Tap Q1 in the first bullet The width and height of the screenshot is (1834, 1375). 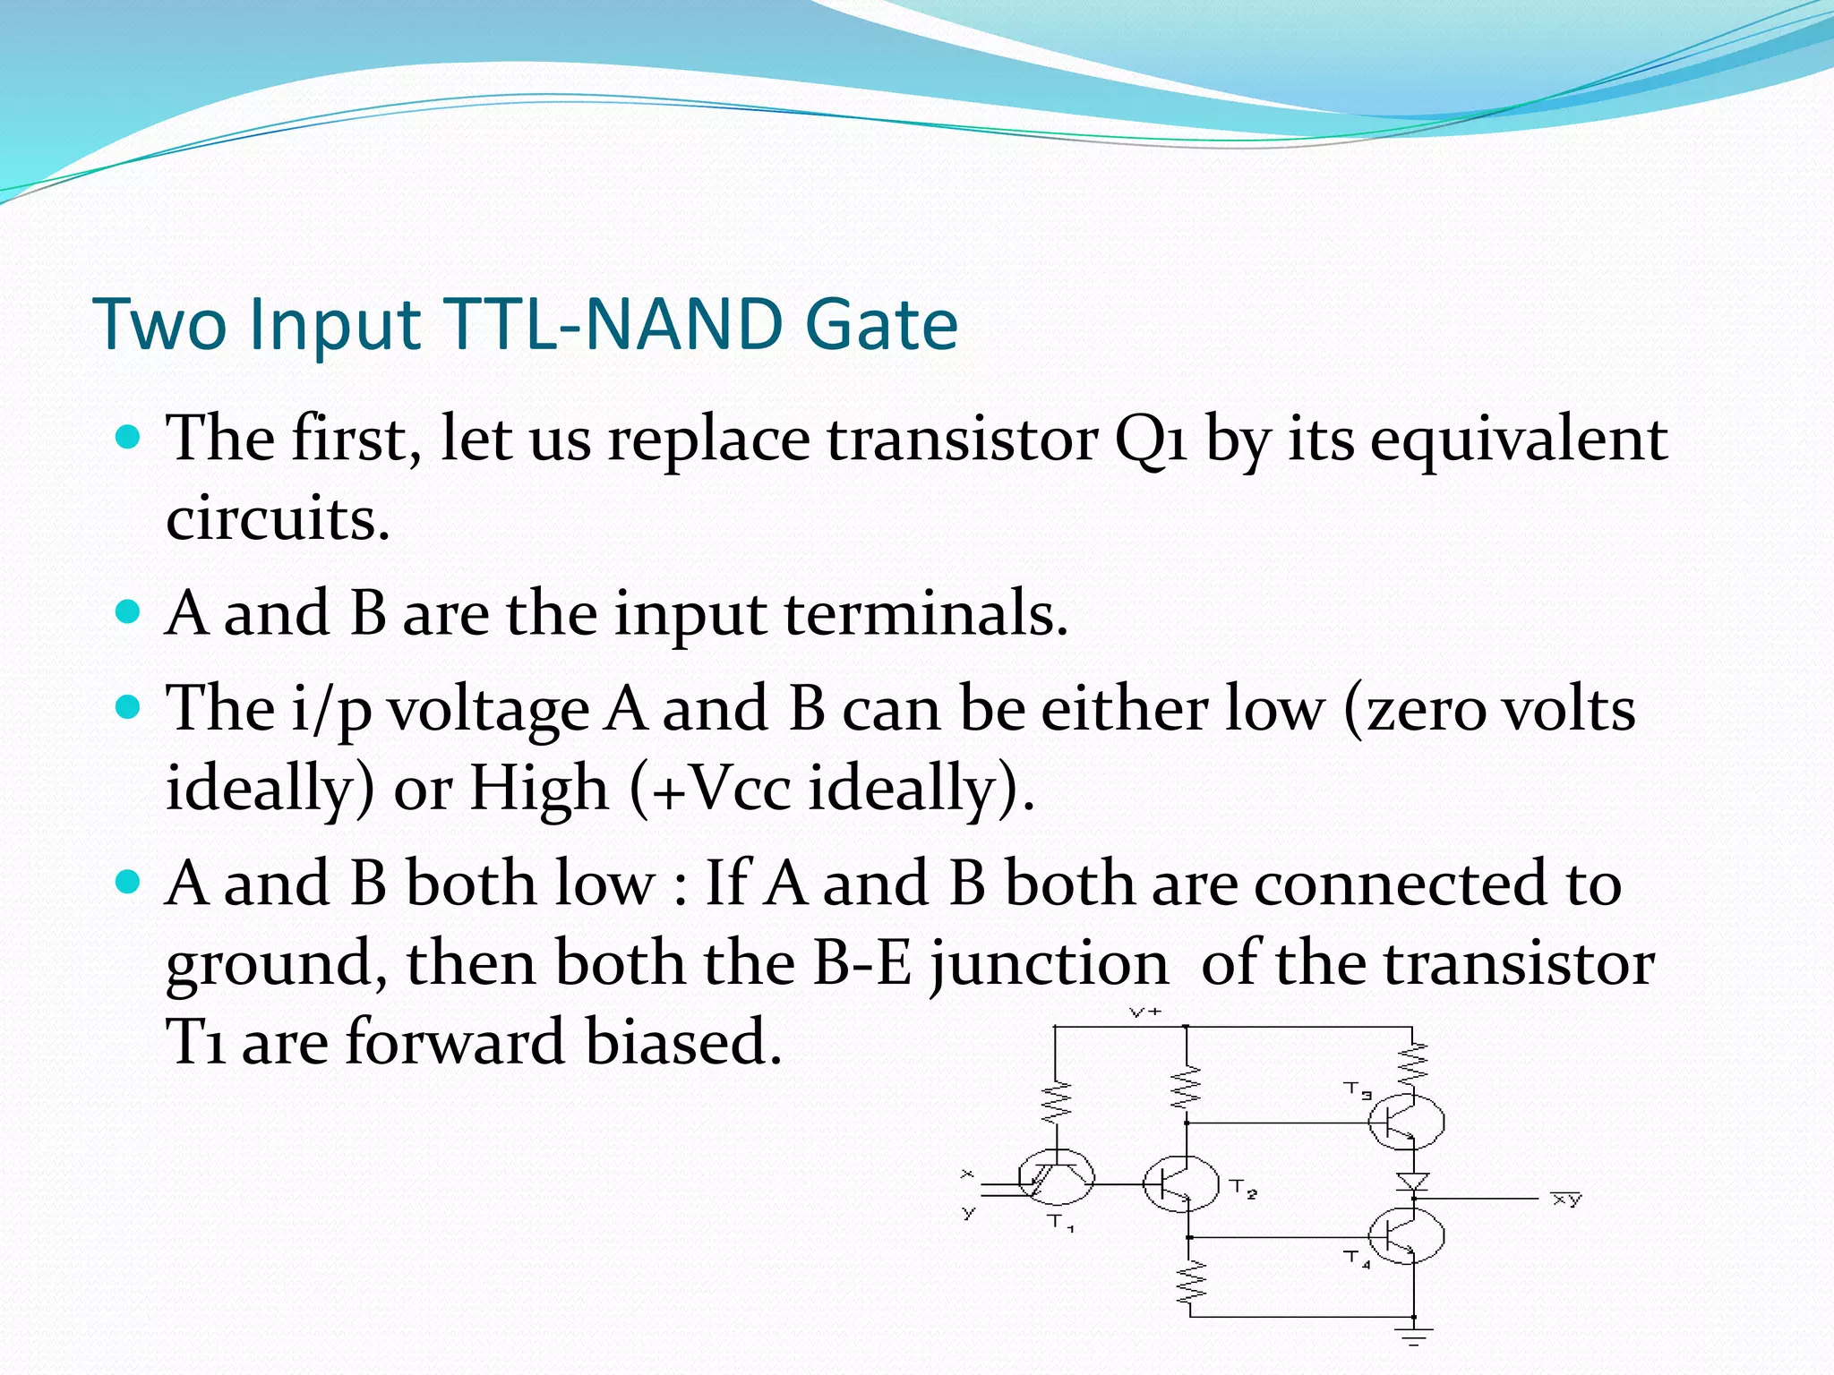pos(1150,440)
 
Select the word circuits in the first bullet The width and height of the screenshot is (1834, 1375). pos(278,519)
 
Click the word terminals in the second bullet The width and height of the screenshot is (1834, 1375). pos(926,615)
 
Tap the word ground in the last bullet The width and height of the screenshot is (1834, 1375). pos(277,965)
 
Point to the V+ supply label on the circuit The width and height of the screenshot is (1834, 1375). pos(1145,1012)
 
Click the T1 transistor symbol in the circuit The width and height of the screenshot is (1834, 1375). pos(1056,1180)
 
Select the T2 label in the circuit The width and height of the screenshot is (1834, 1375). pos(1243,1190)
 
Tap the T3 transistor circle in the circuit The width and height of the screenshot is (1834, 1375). pos(1406,1122)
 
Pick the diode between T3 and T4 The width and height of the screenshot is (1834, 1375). pos(1413,1182)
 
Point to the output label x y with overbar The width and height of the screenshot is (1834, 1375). pos(1566,1200)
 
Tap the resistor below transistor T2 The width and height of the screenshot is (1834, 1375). pos(1191,1282)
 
